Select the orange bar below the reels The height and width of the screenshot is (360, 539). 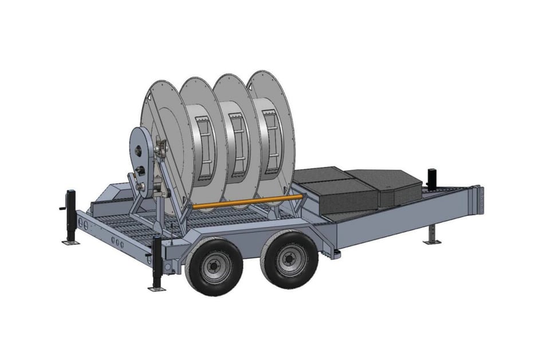(x=246, y=201)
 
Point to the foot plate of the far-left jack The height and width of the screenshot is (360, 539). (x=70, y=242)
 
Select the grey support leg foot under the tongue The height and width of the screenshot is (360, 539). (x=432, y=241)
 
